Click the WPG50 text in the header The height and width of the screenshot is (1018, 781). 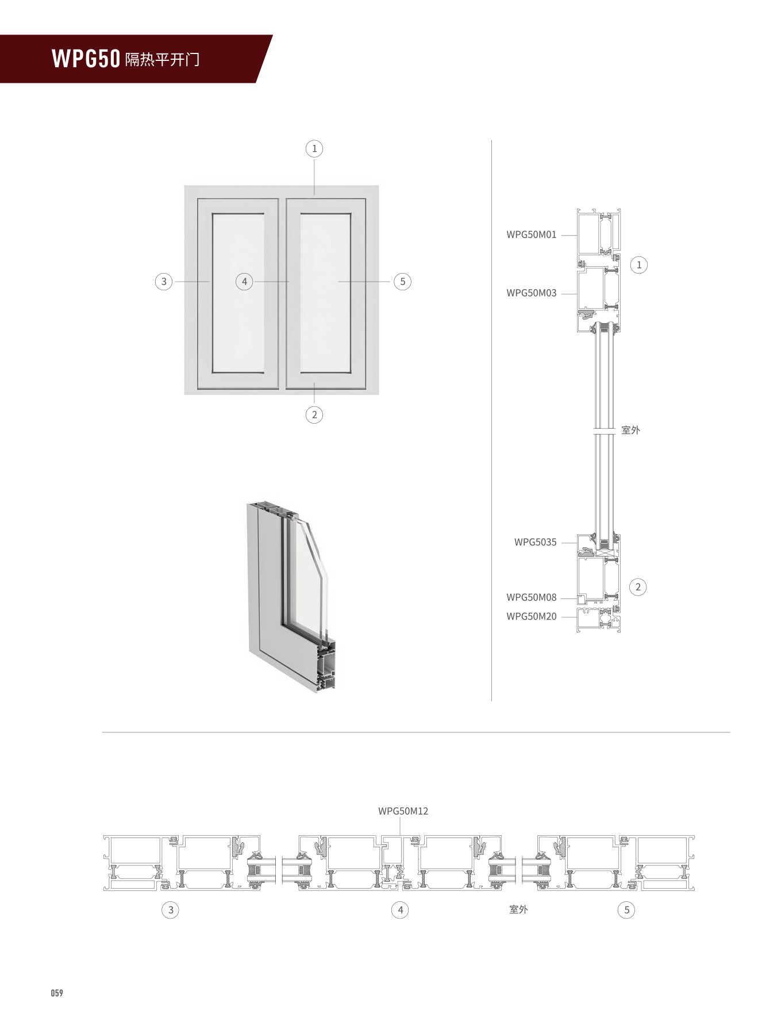[x=86, y=59]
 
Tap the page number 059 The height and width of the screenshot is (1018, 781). [x=57, y=993]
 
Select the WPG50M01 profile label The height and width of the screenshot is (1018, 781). [x=531, y=235]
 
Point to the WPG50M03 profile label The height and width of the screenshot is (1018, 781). [x=531, y=293]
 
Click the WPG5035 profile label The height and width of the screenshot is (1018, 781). [x=535, y=542]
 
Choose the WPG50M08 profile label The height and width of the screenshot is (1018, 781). [x=531, y=598]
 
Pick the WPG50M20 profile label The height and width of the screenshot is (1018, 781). [x=531, y=617]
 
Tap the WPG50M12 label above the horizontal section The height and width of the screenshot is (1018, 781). [x=403, y=811]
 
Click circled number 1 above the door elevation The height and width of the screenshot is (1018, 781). [x=314, y=149]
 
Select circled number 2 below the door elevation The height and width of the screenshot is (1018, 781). [x=314, y=414]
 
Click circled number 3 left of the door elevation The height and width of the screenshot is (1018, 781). [x=164, y=282]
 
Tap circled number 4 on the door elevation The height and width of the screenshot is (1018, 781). [x=244, y=282]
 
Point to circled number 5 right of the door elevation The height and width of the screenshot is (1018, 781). [x=403, y=282]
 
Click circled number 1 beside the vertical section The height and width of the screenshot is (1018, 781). [x=638, y=265]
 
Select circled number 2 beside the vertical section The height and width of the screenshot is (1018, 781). [x=638, y=587]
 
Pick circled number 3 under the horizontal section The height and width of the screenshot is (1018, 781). [x=171, y=910]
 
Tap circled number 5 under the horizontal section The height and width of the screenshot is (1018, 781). [x=626, y=910]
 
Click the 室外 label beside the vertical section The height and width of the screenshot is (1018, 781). [x=630, y=430]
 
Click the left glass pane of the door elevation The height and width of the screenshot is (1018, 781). [x=238, y=293]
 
